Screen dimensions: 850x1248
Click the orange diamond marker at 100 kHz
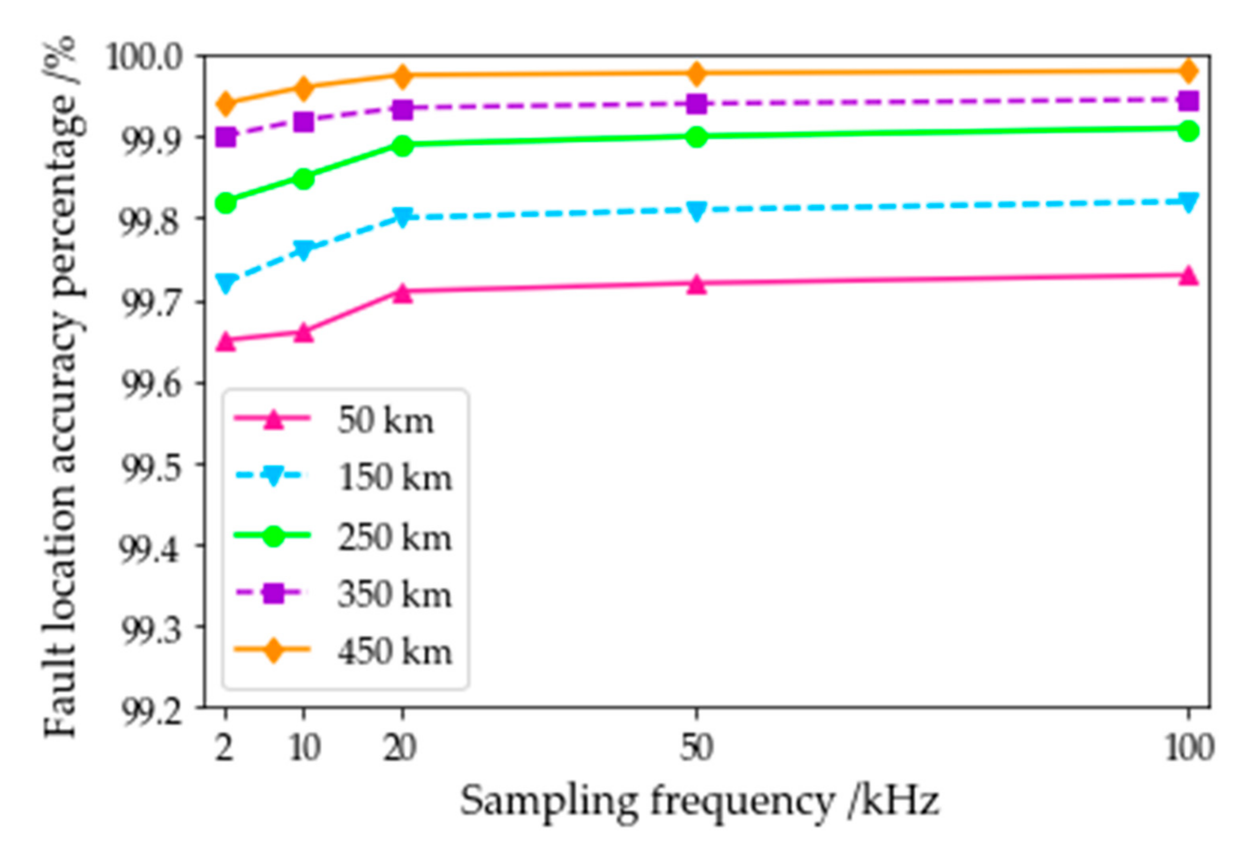point(1188,71)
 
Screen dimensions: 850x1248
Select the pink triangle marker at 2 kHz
point(226,341)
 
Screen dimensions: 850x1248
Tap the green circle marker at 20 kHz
point(402,145)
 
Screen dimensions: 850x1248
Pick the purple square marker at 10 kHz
point(304,121)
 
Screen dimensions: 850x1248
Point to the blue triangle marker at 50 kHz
point(697,211)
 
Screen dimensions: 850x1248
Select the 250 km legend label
point(394,538)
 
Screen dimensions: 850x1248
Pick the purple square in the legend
point(273,593)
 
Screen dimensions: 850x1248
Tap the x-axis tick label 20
point(399,748)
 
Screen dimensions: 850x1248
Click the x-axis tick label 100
point(1189,748)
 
